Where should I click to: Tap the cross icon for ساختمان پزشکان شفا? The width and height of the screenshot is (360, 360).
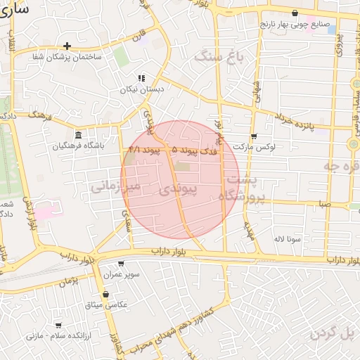coord(67,46)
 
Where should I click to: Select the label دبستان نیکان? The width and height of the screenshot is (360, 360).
coord(141,89)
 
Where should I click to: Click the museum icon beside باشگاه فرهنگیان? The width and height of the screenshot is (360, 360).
coord(78,135)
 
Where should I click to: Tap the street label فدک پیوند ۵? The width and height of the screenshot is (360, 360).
coord(195,150)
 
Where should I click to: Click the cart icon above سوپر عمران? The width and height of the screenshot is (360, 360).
coord(121,264)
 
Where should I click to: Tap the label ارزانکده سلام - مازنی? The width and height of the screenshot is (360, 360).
coord(54,336)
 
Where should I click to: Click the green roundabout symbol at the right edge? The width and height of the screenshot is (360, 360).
coord(354,143)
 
